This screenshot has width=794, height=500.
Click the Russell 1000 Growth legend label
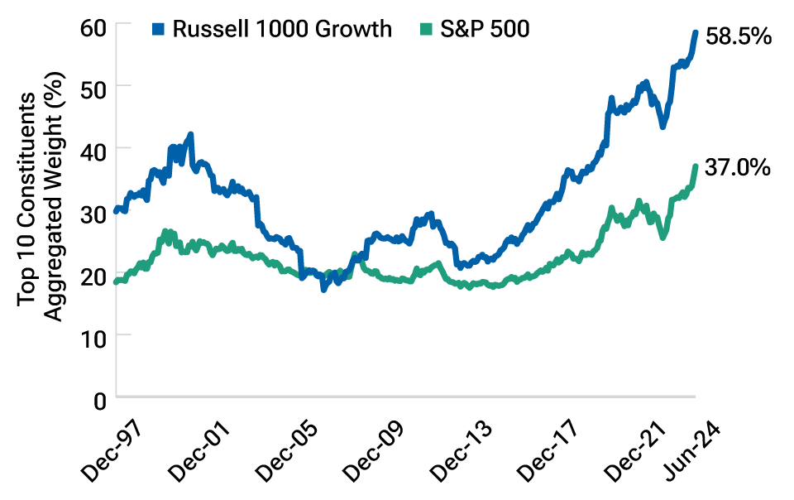click(281, 29)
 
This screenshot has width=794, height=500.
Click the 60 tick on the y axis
click(93, 24)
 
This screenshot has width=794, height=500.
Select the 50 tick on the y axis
click(93, 86)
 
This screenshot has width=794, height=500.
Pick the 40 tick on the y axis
click(93, 149)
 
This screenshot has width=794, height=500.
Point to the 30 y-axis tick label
click(93, 212)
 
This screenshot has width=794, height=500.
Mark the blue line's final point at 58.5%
click(696, 33)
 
